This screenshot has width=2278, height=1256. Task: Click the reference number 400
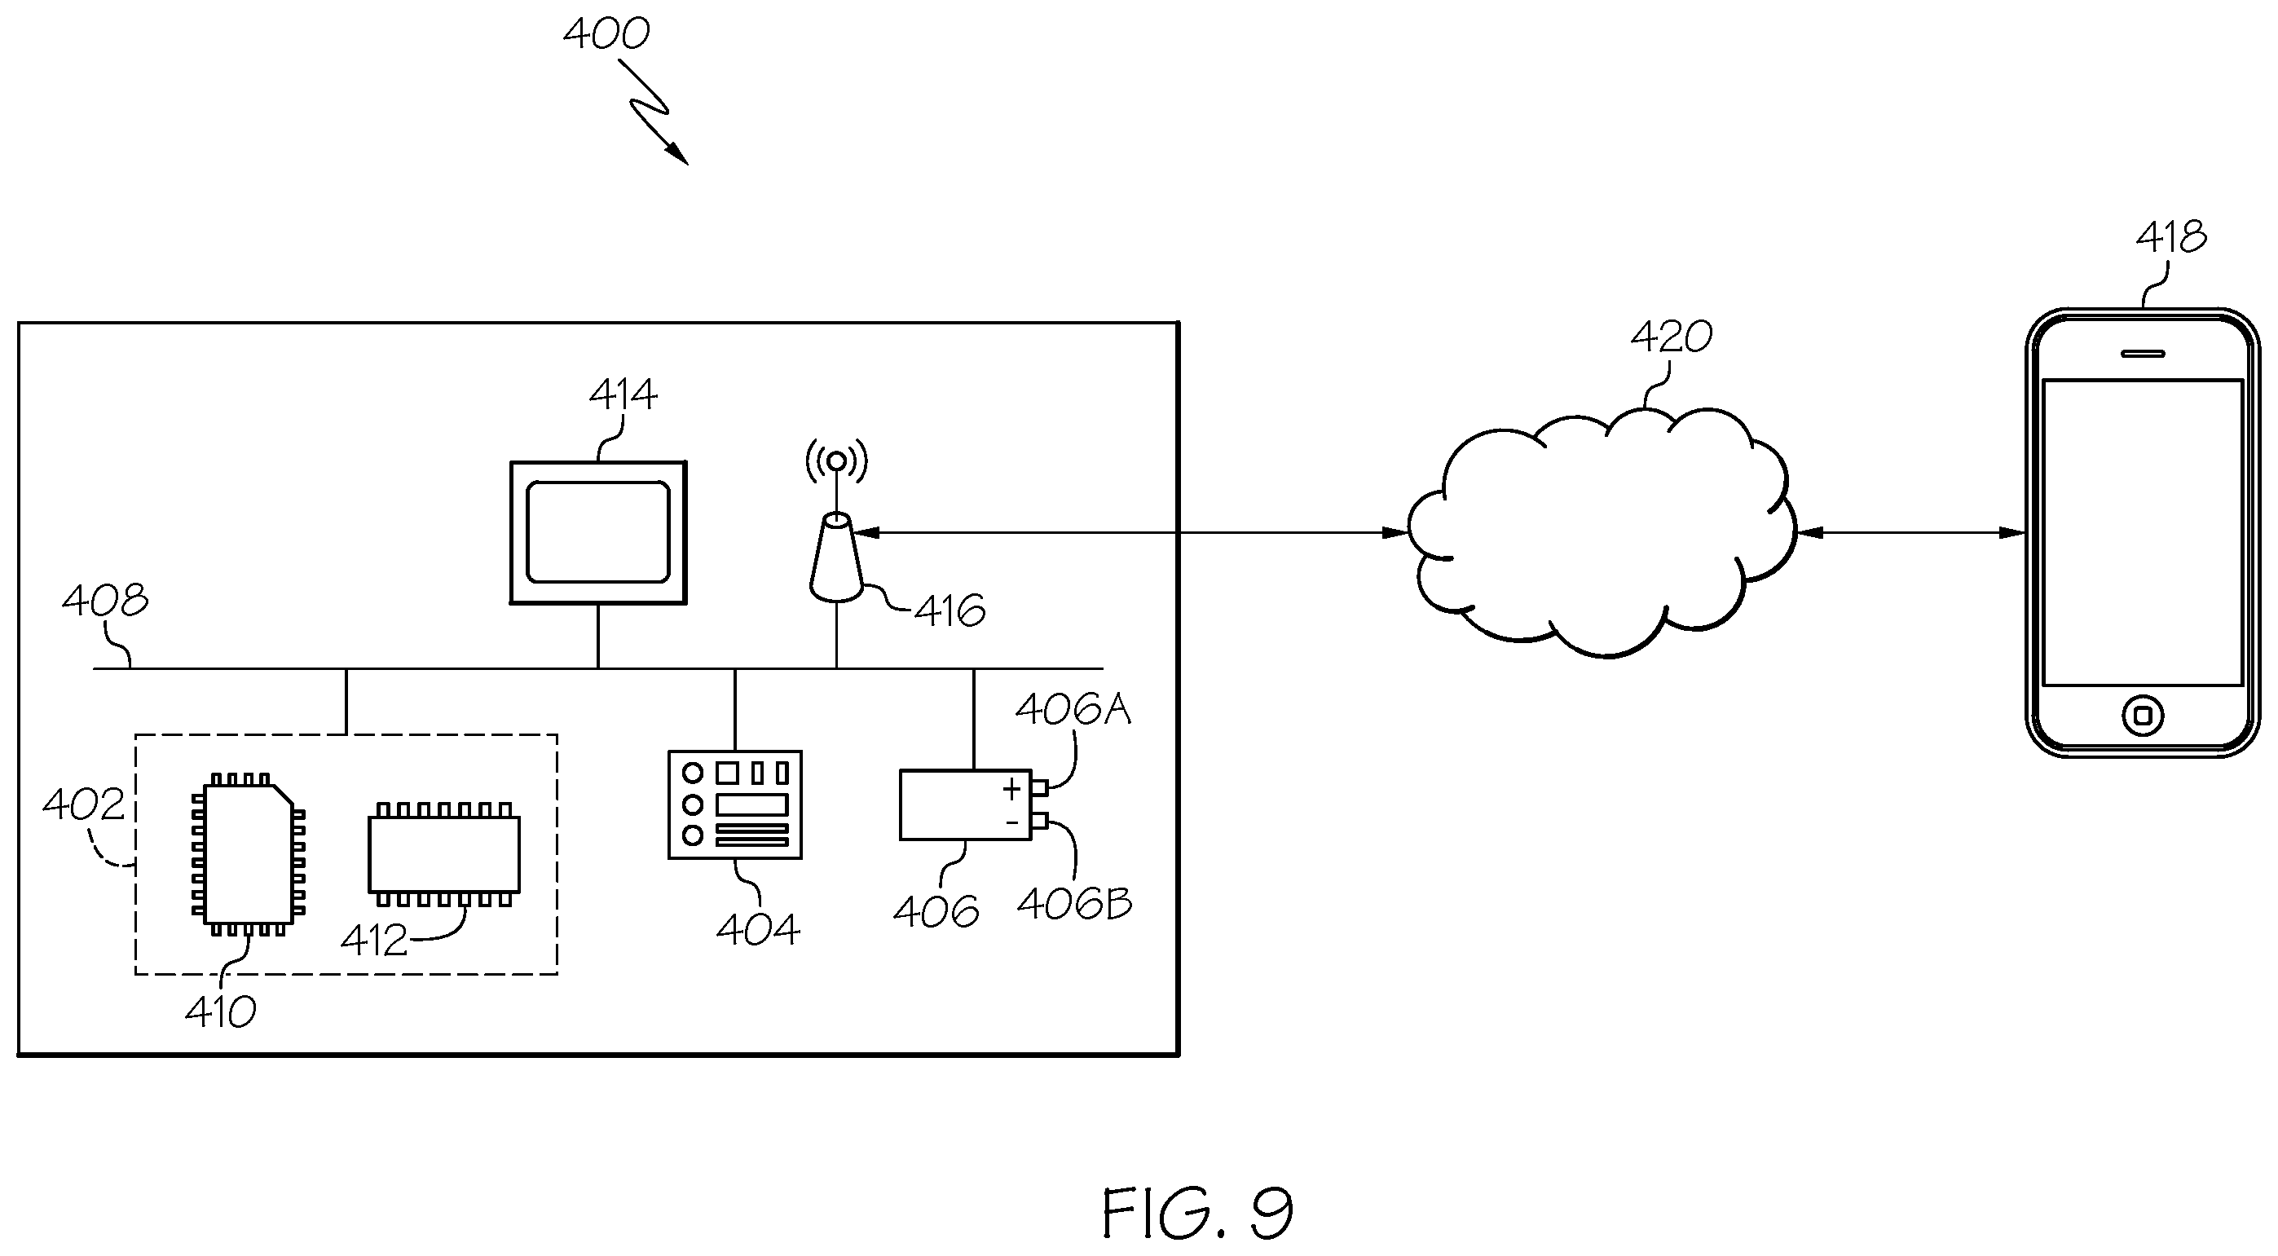coord(606,33)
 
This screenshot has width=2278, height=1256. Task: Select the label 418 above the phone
coord(2172,236)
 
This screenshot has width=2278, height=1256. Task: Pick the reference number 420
coord(1672,337)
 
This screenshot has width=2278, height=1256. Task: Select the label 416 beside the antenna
coord(950,611)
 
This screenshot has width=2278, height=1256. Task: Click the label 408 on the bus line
coord(105,601)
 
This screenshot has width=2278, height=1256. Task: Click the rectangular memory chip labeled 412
coord(444,854)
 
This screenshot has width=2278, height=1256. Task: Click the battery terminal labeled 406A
coord(1040,787)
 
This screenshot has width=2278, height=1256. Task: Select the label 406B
coord(1074,903)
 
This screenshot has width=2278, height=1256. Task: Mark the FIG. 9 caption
coord(1197,1213)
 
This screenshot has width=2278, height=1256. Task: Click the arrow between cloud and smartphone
coord(1912,532)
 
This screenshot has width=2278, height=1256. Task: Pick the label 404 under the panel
coord(758,930)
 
